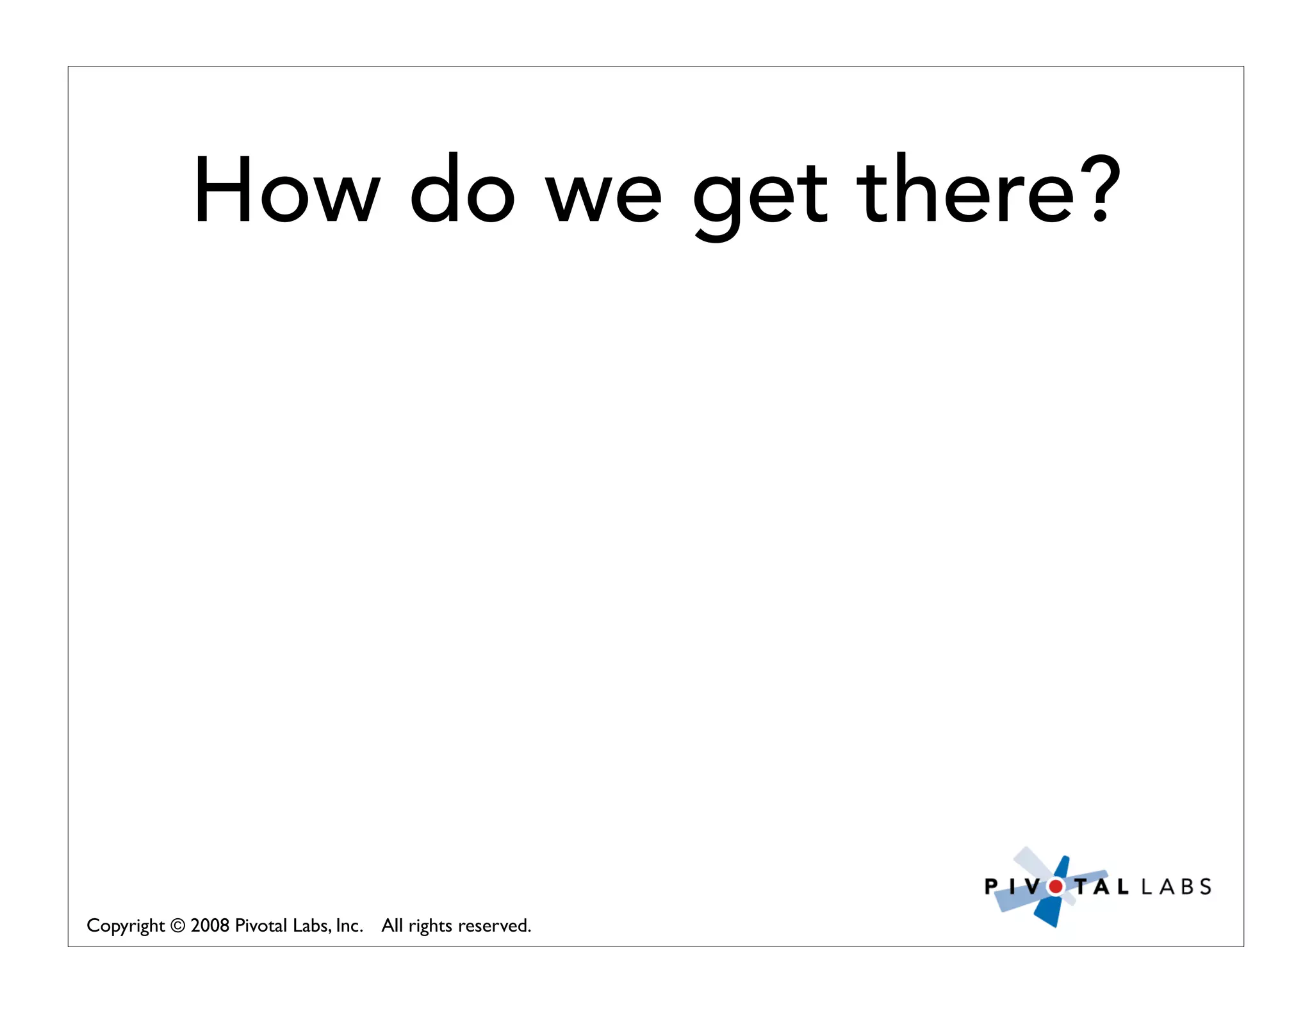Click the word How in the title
[x=287, y=190]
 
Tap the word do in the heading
[x=462, y=190]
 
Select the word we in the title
[x=603, y=195]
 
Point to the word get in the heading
[x=760, y=195]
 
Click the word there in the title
[x=965, y=190]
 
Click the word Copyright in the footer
[x=126, y=926]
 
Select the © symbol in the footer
[x=178, y=926]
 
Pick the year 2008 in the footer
[x=209, y=926]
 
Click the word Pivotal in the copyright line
[x=261, y=926]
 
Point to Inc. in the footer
[x=349, y=926]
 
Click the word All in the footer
[x=392, y=926]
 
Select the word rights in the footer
[x=430, y=927]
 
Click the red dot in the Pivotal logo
[x=1055, y=887]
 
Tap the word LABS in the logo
[x=1176, y=887]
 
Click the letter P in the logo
[x=990, y=887]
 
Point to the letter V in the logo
[x=1032, y=887]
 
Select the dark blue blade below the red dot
[x=1048, y=912]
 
